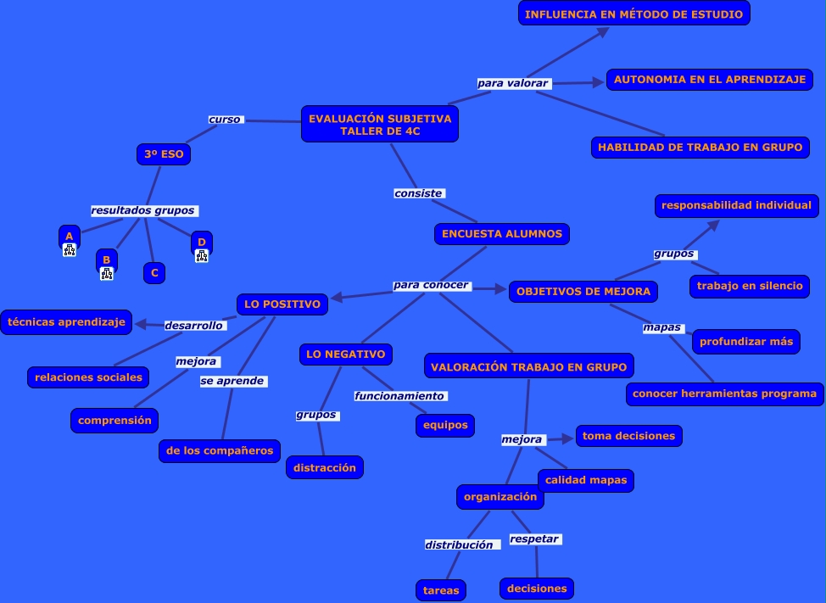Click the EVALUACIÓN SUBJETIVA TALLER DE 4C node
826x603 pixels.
[380, 125]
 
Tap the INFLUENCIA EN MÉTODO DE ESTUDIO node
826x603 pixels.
[634, 14]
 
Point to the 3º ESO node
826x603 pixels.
[164, 154]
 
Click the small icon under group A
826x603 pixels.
[70, 250]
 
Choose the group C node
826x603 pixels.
[153, 273]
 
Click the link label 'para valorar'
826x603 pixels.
[513, 83]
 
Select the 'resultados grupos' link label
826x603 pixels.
[143, 210]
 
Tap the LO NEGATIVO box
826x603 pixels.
[345, 354]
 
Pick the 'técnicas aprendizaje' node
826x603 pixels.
[66, 321]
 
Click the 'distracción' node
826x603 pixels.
[325, 467]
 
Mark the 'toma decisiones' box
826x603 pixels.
[628, 436]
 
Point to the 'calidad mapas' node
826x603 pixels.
[586, 480]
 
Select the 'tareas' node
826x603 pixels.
[441, 589]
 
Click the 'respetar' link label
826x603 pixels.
[534, 539]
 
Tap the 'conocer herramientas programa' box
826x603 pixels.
[724, 394]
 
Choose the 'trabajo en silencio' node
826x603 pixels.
[750, 286]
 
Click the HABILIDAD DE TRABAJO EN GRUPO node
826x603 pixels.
[700, 147]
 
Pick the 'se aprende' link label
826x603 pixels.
[232, 382]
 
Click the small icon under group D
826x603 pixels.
[202, 255]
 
